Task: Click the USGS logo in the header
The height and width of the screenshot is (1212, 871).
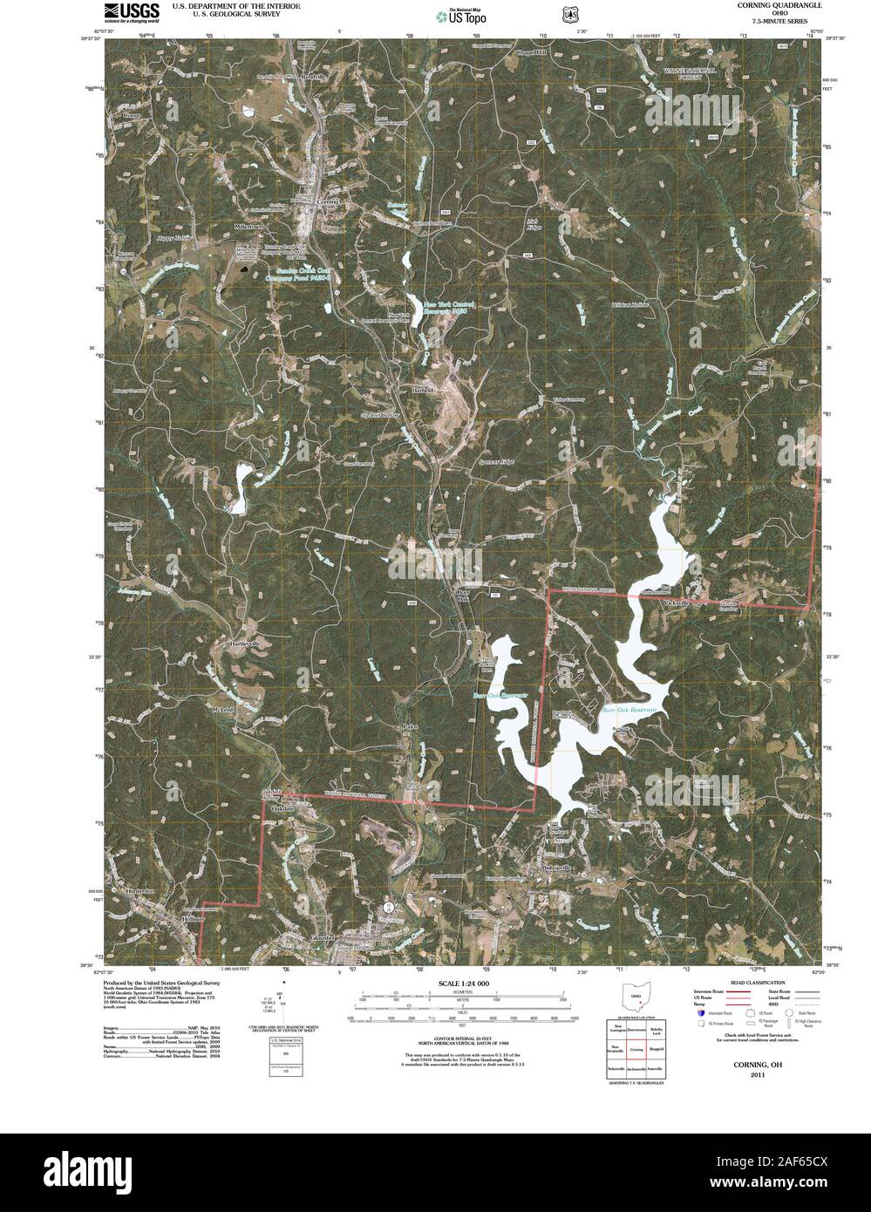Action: (x=131, y=11)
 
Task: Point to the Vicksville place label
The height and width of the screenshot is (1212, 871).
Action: (x=676, y=603)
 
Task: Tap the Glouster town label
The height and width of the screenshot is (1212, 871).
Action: (x=323, y=937)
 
